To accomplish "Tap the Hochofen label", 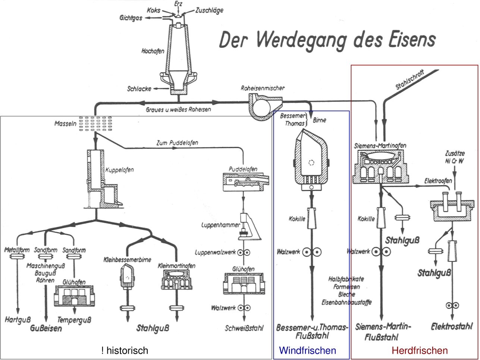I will point(153,51).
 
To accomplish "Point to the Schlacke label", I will point(139,89).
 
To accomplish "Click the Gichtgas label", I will point(131,18).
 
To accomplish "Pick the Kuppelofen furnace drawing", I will point(101,179).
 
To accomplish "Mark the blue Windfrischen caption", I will point(307,351).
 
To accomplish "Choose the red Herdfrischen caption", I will point(420,351).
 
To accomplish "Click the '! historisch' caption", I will point(125,351).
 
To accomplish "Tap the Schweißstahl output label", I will point(244,328).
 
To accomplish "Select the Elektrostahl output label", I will point(452,327).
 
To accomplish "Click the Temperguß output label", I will point(74,320).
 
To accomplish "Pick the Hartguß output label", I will point(18,319).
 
